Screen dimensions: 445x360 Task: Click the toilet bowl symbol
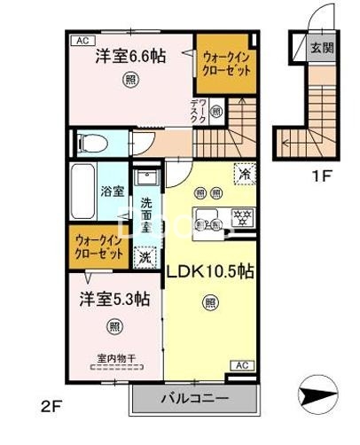(94, 144)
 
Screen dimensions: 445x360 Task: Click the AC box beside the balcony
(240, 364)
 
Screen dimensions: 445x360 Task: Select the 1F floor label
(320, 174)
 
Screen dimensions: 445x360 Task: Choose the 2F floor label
(51, 410)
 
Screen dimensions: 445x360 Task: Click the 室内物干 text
(116, 358)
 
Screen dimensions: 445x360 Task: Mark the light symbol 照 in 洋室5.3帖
(116, 327)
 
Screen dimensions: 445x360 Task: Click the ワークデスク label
(198, 112)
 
